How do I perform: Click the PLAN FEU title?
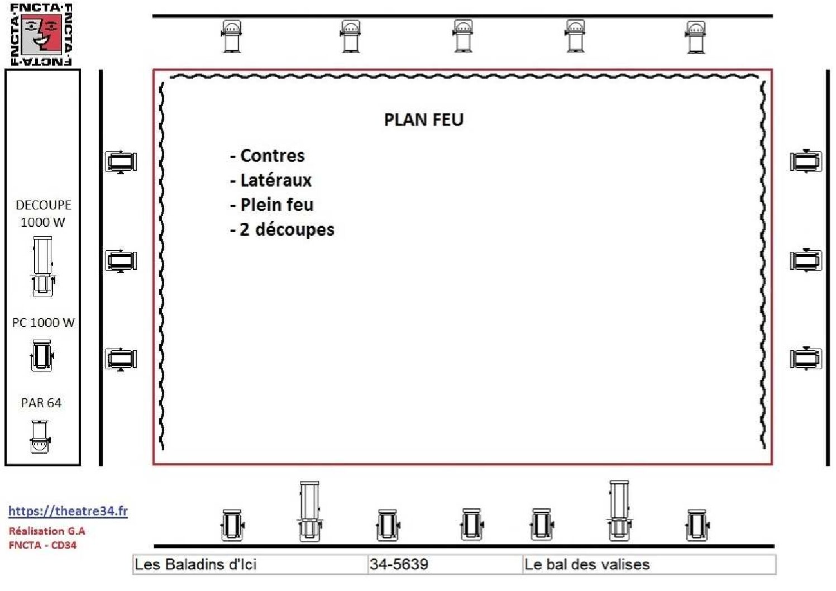(424, 120)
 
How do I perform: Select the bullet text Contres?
(273, 156)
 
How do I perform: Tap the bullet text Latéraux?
(276, 180)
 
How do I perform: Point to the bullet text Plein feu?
(277, 204)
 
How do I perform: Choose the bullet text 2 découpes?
(287, 229)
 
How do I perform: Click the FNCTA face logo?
(41, 34)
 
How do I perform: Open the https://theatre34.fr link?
(68, 511)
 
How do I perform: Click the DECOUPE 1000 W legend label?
(44, 213)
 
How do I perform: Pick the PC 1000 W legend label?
(44, 322)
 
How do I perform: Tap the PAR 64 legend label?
(41, 402)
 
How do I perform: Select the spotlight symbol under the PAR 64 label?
(40, 436)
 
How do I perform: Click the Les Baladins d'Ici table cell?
(250, 564)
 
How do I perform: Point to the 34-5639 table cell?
(445, 564)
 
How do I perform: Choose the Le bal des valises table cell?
(649, 564)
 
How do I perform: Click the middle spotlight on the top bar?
(463, 36)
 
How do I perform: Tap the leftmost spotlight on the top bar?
(232, 36)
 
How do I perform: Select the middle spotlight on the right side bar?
(806, 260)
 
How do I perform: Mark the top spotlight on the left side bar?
(121, 162)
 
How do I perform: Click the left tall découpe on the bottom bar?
(310, 512)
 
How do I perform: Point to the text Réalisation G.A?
(47, 531)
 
